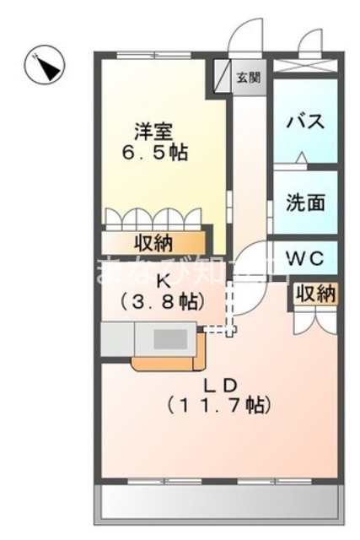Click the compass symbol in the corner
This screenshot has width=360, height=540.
pos(45,65)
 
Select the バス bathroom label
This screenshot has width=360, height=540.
pos(304,121)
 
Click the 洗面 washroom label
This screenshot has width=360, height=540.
pos(304,202)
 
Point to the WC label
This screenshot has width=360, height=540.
pos(304,256)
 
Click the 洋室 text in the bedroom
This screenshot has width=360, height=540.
pos(153,132)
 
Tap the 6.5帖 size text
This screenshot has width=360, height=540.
pos(153,154)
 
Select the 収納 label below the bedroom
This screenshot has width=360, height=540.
pos(153,243)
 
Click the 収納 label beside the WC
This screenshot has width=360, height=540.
pos(315,294)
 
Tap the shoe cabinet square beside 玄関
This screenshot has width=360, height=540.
pos(223,77)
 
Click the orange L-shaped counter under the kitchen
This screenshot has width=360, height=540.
pos(169,362)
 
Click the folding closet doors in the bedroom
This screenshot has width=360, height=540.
pos(153,219)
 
